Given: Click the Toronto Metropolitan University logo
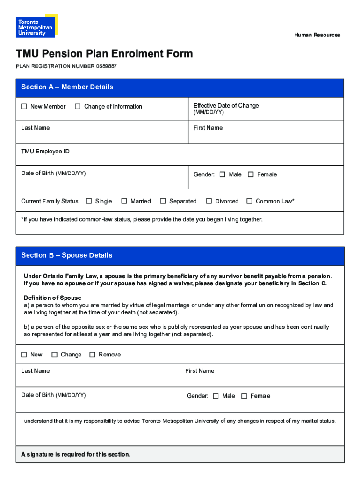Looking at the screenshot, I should tap(36, 26).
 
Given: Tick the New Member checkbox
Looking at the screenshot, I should tap(24, 107).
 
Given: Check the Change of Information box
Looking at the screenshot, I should tap(78, 107).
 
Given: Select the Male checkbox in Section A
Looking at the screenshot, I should tap(223, 174).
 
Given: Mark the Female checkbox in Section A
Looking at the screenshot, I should tap(251, 174).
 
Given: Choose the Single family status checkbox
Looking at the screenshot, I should tap(89, 201).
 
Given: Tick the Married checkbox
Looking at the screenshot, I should tap(124, 201).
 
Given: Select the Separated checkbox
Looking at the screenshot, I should tap(163, 201).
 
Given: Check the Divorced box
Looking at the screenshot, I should tap(209, 201).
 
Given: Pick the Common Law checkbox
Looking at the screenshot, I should tap(249, 201).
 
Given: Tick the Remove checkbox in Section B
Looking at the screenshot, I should tap(92, 355).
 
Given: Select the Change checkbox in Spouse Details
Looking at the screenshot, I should tap(54, 355).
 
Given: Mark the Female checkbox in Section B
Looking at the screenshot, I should tap(244, 396).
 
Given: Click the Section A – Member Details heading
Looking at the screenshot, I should tap(67, 87).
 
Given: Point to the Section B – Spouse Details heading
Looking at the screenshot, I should tap(66, 255).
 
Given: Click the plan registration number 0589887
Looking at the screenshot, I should tap(107, 66).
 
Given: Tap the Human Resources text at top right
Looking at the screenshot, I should tap(317, 35).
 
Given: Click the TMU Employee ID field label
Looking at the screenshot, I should tap(45, 152).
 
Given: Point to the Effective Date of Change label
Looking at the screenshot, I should tap(226, 106).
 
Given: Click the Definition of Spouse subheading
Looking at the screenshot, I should tap(52, 298).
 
